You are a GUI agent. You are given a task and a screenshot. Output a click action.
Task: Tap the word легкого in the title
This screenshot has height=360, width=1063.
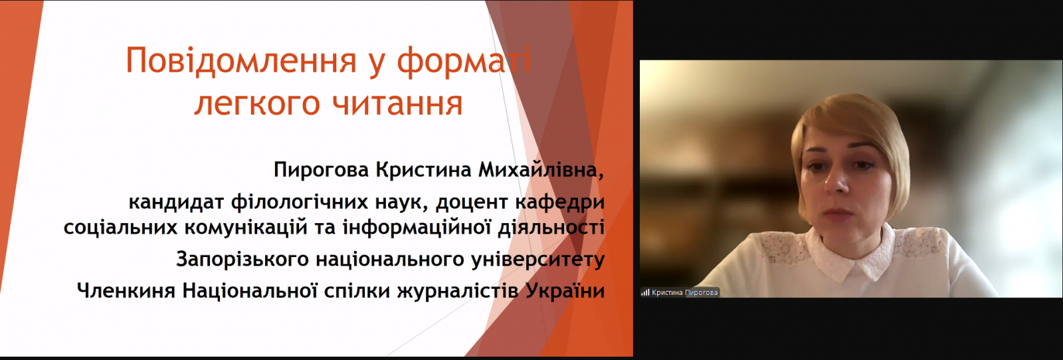point(257,104)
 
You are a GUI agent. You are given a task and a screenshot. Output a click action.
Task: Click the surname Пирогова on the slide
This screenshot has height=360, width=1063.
point(322,169)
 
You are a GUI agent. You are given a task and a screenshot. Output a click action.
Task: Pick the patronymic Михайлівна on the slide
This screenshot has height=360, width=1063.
point(541,169)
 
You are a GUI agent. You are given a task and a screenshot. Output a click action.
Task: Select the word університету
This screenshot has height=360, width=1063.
point(538,260)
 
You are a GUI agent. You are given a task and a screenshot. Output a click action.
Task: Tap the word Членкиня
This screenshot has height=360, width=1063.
point(126,291)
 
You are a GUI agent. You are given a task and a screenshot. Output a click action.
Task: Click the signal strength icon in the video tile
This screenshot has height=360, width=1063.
point(645,293)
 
